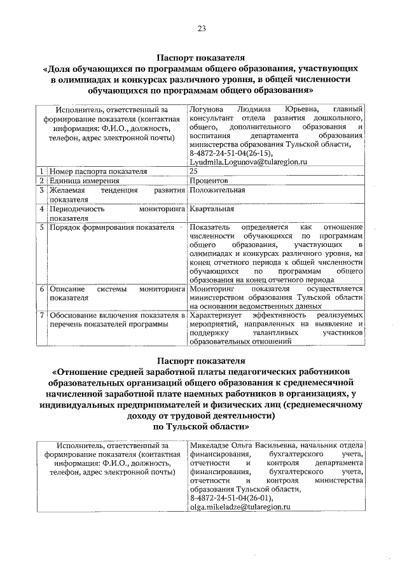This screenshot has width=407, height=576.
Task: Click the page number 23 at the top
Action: pyautogui.click(x=202, y=28)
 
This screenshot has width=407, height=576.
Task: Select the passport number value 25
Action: pyautogui.click(x=194, y=172)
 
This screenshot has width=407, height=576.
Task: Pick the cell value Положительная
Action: pyautogui.click(x=216, y=190)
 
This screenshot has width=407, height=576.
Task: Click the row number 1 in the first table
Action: pyautogui.click(x=41, y=172)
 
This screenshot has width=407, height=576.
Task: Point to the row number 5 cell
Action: pyautogui.click(x=41, y=227)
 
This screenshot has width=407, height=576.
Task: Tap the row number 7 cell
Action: pyautogui.click(x=41, y=315)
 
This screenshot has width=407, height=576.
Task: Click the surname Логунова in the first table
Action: pyautogui.click(x=209, y=109)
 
